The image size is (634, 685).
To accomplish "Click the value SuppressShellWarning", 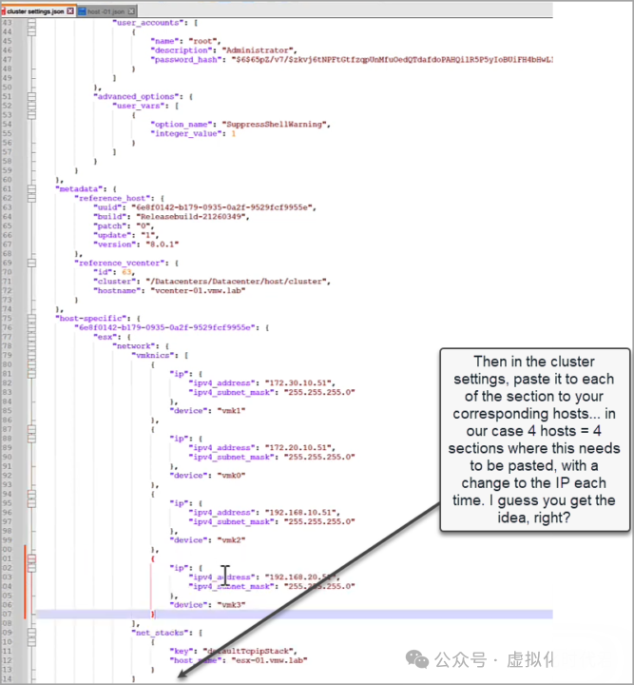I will point(275,124).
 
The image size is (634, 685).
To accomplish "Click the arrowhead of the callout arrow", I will point(180,675).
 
